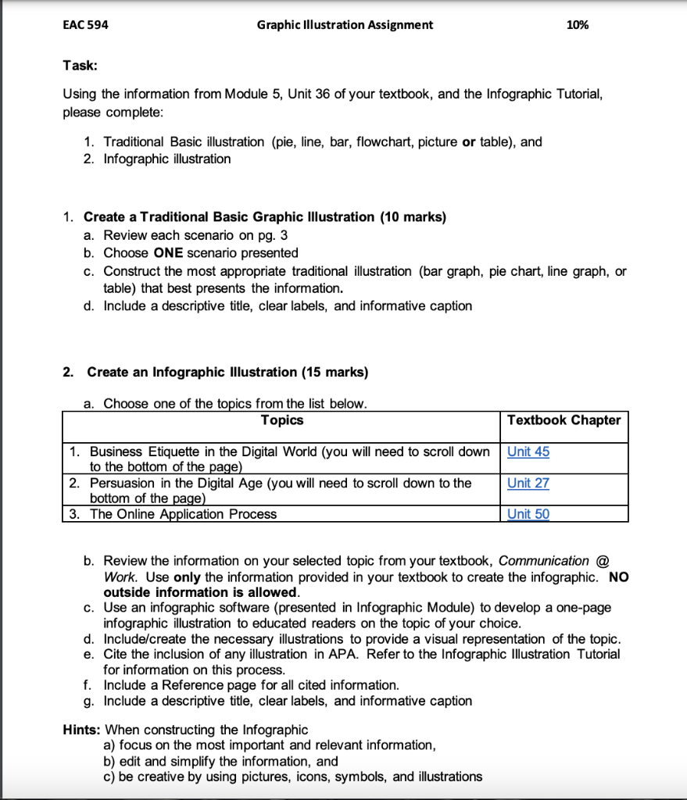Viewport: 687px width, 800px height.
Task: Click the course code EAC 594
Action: [85, 25]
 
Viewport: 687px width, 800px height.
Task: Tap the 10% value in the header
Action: [577, 25]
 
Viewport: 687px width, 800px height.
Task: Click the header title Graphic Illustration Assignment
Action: [345, 25]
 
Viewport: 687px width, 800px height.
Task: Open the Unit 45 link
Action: [528, 452]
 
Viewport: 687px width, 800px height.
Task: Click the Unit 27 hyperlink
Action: [528, 483]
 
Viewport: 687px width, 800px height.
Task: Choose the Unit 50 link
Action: [528, 514]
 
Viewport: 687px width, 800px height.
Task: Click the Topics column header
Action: [281, 420]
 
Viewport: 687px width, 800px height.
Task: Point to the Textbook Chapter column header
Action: [564, 420]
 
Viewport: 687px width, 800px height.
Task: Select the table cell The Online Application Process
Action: [183, 514]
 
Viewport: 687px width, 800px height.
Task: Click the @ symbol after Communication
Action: [602, 561]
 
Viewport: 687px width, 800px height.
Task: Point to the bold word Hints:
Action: [81, 730]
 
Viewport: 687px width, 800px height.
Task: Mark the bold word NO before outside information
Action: [617, 577]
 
